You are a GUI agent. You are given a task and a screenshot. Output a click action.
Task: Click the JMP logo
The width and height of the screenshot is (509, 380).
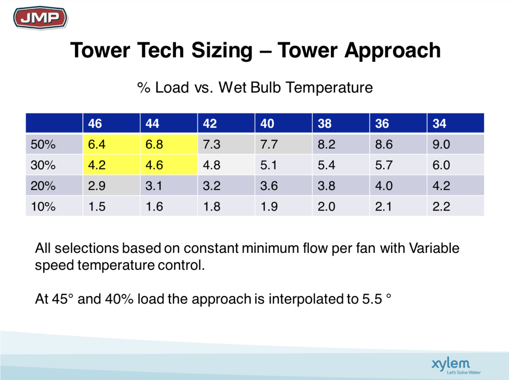[40, 18]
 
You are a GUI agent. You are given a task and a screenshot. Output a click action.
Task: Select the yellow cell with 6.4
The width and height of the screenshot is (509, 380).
[111, 144]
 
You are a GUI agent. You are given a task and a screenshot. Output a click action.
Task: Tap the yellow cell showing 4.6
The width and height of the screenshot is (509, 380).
[168, 164]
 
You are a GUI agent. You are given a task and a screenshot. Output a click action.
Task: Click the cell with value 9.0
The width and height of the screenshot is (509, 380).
[455, 144]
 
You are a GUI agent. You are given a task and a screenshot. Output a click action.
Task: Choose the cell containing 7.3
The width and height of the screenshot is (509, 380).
[226, 144]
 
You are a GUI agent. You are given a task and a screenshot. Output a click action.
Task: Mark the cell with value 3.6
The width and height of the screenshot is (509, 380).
[283, 185]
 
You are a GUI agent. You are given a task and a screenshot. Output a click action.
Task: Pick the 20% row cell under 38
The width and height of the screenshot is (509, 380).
[341, 185]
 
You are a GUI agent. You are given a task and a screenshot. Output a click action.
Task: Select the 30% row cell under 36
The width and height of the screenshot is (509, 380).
[398, 164]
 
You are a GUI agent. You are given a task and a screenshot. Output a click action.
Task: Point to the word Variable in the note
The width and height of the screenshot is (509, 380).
[434, 248]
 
